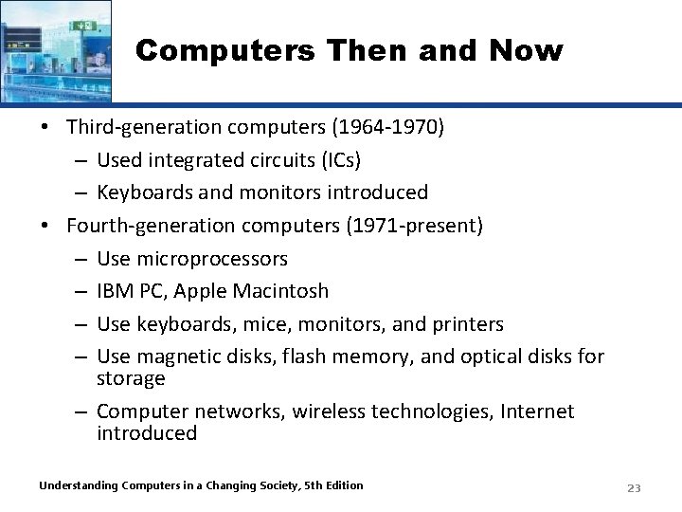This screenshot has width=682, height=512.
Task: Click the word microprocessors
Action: [x=212, y=259]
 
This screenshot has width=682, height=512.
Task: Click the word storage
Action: [x=131, y=378]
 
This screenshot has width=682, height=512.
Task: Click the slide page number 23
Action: [x=634, y=488]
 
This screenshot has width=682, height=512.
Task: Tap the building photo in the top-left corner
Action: [x=55, y=49]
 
